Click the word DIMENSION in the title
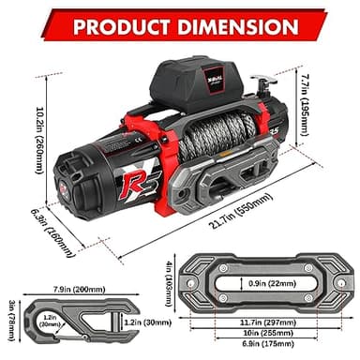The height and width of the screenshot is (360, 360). tap(233, 22)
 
